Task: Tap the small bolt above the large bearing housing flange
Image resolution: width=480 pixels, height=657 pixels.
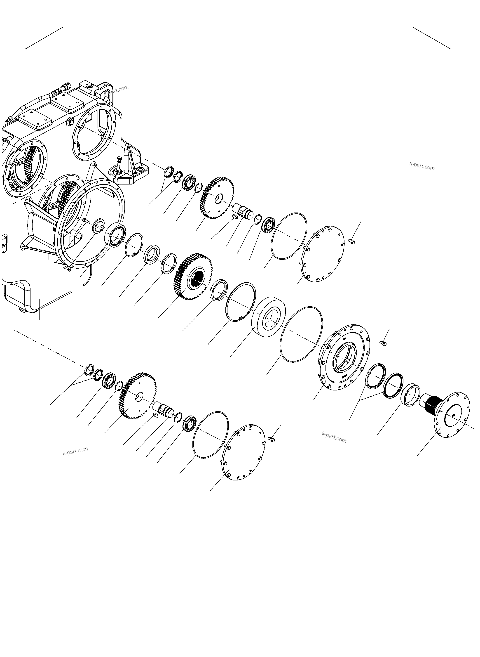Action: point(383,343)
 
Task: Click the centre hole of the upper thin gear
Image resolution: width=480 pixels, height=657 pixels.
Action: point(218,199)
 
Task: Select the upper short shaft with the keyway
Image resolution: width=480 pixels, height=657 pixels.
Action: point(244,211)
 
